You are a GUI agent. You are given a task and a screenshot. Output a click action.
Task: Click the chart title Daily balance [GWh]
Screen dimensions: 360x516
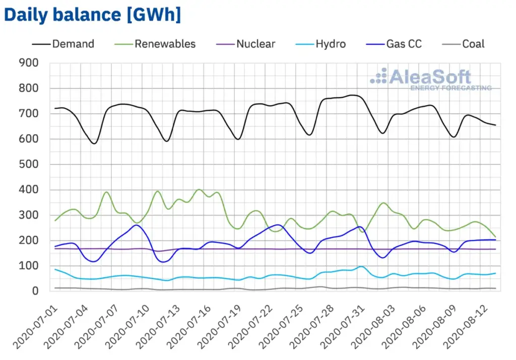[x=92, y=15]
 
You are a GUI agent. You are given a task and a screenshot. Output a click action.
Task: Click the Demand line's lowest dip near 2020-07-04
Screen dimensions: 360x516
[x=94, y=144]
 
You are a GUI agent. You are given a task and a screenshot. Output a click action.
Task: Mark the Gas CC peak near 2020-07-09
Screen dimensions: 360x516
[x=136, y=225]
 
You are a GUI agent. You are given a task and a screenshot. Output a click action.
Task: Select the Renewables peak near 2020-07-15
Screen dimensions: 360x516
[x=199, y=190]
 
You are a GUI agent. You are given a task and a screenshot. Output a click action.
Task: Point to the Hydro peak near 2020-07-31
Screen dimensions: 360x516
[x=361, y=266]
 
